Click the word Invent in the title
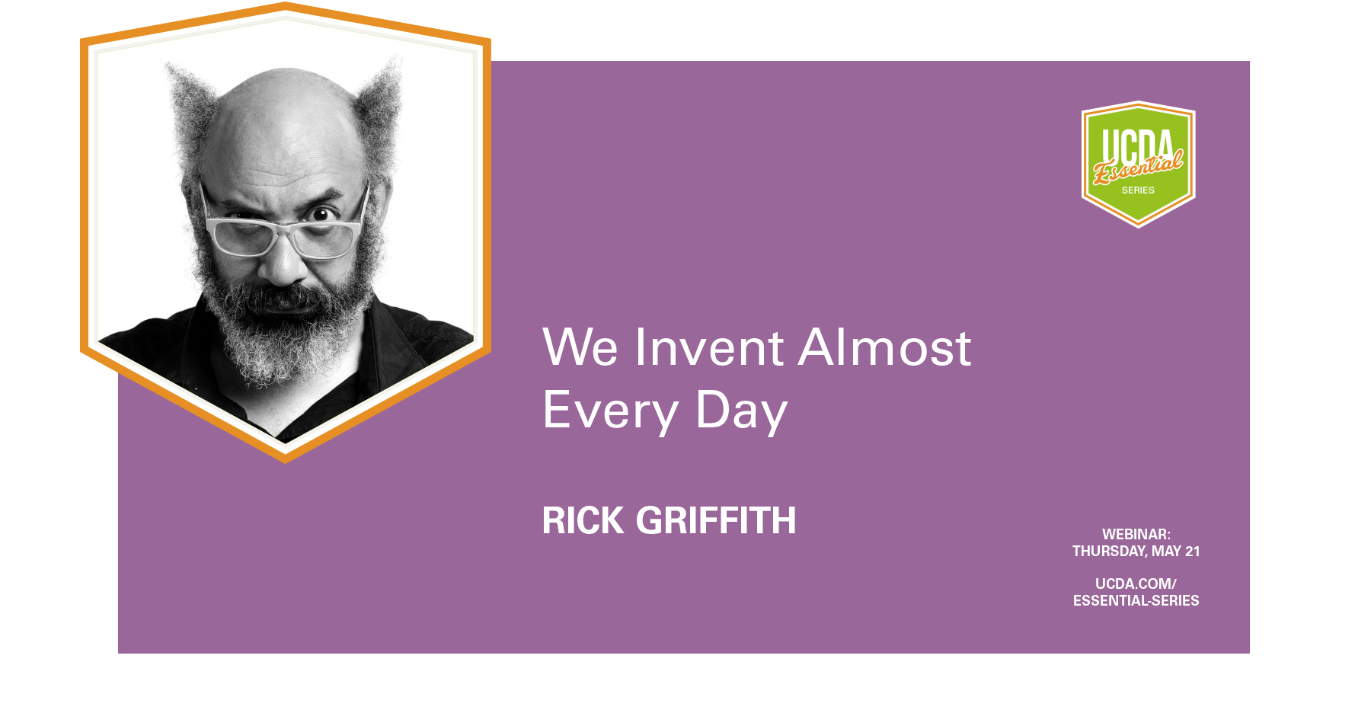click(x=708, y=347)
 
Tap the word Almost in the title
click(x=884, y=347)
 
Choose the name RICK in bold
click(x=583, y=521)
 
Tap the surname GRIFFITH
click(x=716, y=521)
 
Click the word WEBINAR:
click(x=1136, y=534)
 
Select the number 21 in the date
click(x=1192, y=551)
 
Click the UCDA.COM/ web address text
click(x=1136, y=584)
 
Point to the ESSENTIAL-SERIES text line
click(x=1136, y=600)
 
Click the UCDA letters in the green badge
click(x=1138, y=145)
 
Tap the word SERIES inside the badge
click(x=1138, y=190)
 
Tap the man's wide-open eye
click(x=324, y=214)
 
